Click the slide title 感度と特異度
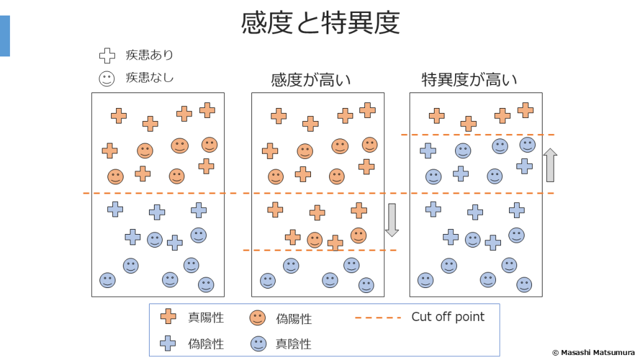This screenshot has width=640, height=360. [x=320, y=23]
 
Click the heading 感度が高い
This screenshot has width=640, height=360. [x=311, y=80]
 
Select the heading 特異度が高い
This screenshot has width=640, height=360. [x=469, y=80]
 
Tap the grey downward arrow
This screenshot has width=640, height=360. [x=392, y=220]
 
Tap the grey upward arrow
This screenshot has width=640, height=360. [x=551, y=164]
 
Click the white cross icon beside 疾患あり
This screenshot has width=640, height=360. [x=107, y=56]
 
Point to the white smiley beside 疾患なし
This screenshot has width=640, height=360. [x=107, y=79]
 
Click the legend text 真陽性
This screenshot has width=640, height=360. [x=206, y=318]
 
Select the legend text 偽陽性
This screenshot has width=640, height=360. [x=294, y=319]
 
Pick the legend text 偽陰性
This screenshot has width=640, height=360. [x=206, y=343]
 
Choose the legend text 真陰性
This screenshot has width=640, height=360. [x=294, y=343]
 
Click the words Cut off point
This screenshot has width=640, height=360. [x=448, y=317]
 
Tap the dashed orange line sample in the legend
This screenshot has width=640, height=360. [x=378, y=318]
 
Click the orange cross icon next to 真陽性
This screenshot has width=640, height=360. [x=168, y=317]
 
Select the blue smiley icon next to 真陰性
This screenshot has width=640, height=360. [x=258, y=343]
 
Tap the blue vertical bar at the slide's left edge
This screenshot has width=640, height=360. [x=5, y=36]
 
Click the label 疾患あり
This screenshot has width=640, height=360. [x=150, y=55]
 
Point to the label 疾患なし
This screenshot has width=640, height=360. [x=150, y=78]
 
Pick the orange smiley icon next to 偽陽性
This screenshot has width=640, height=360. [x=258, y=318]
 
